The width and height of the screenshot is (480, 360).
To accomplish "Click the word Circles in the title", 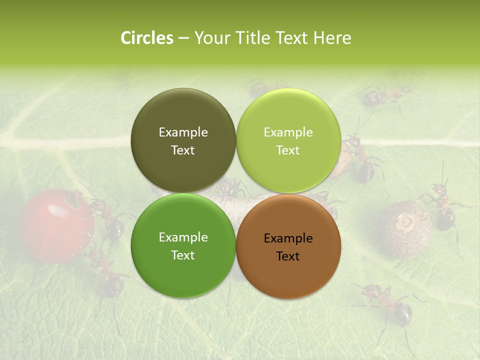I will click(146, 38).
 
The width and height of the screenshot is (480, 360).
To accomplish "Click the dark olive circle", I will click(183, 115).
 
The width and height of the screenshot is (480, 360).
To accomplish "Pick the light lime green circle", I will click(288, 115).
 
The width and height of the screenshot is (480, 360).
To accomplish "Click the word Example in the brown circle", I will click(288, 238).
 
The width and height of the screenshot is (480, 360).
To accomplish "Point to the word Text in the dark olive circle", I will click(183, 150).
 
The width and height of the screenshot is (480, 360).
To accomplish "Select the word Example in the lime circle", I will click(288, 132).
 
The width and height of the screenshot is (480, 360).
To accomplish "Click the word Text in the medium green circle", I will click(183, 255).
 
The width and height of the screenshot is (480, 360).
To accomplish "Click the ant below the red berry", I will click(107, 275).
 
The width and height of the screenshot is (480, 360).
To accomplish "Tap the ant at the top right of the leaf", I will click(385, 95).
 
